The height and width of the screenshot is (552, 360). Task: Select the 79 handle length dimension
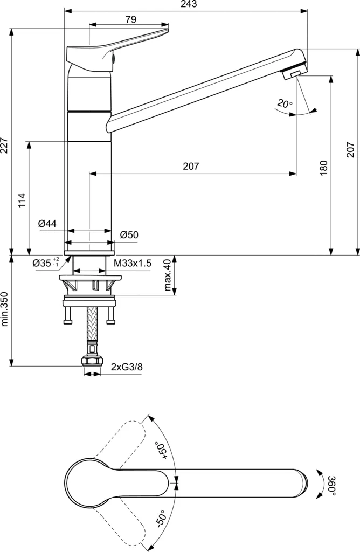point(130,19)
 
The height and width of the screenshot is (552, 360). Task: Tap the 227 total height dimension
point(6,144)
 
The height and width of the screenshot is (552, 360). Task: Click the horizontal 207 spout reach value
point(191,167)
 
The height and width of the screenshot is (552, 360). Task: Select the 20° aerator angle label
point(285,103)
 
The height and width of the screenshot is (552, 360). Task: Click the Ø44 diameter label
point(48,223)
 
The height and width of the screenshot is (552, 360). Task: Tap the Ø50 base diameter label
point(129,234)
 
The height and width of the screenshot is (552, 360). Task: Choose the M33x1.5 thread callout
point(133,263)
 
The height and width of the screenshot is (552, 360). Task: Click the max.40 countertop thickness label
point(167,275)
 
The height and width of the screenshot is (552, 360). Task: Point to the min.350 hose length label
point(6,311)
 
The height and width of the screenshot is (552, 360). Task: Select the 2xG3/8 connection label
point(127,367)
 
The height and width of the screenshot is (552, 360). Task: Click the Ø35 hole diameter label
point(45,263)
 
